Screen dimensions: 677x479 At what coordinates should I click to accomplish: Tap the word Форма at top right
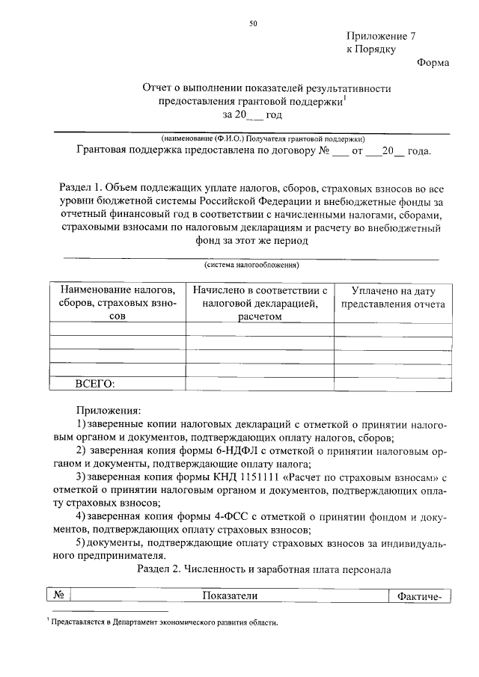(x=433, y=62)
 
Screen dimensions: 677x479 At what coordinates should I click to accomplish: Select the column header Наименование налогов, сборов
(x=116, y=302)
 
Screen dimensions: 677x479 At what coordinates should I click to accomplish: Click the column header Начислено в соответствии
(x=260, y=302)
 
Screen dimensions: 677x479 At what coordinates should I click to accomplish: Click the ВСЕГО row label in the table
(x=94, y=384)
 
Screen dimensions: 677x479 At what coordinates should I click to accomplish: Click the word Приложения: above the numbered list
(x=108, y=411)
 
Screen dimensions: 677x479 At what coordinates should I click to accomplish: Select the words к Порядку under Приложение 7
(x=370, y=49)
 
